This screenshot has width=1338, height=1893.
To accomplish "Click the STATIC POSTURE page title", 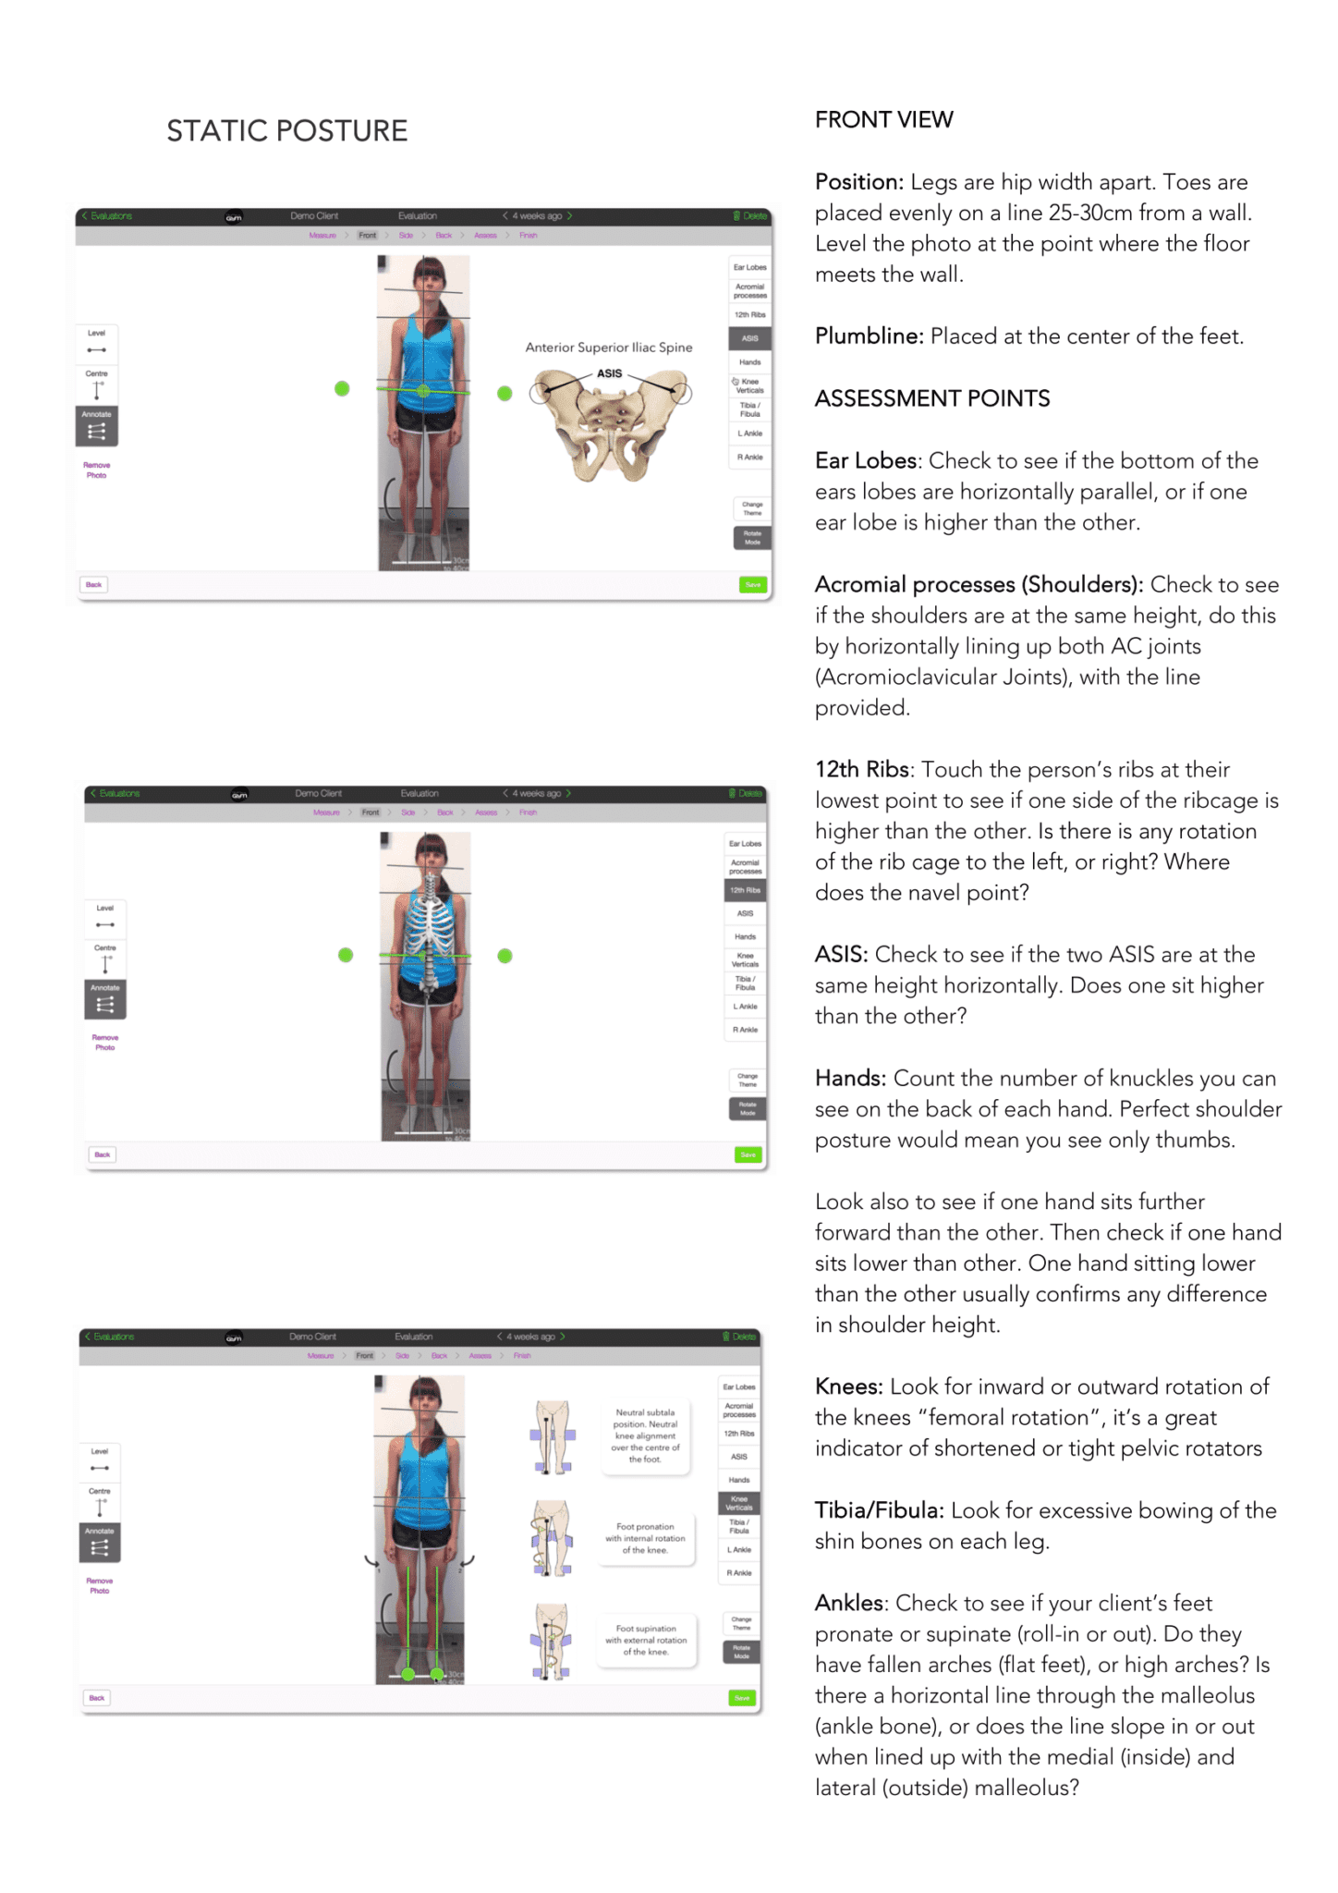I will tap(286, 131).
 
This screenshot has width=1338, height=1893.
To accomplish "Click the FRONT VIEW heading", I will tap(883, 120).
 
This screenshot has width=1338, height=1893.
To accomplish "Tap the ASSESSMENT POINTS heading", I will tap(931, 399).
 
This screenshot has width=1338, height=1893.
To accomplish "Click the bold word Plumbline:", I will tap(869, 336).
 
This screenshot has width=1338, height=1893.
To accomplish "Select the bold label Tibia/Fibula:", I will tap(879, 1511).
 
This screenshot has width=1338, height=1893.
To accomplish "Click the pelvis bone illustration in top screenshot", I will tap(610, 425).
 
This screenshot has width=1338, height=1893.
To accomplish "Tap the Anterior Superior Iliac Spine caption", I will tap(608, 348).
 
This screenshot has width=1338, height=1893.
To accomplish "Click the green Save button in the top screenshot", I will tap(753, 585).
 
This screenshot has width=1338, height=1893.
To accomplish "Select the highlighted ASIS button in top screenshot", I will tap(749, 338).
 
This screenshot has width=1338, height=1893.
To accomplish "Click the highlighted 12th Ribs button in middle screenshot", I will tap(745, 890).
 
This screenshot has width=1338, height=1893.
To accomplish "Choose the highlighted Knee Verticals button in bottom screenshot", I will tap(739, 1503).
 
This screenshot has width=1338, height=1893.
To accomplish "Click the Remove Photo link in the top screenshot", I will tap(96, 470).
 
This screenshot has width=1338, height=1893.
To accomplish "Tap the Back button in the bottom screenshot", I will tap(97, 1698).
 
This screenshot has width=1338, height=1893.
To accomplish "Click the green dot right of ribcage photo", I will tap(505, 956).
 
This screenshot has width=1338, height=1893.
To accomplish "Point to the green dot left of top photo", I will tap(342, 389).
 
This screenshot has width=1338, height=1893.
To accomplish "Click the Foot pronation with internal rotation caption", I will tap(645, 1538).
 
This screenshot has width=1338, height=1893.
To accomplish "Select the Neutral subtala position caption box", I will tap(645, 1435).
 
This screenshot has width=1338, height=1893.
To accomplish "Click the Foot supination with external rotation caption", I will tap(645, 1640).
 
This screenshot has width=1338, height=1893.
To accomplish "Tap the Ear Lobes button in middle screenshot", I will tap(745, 844).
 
